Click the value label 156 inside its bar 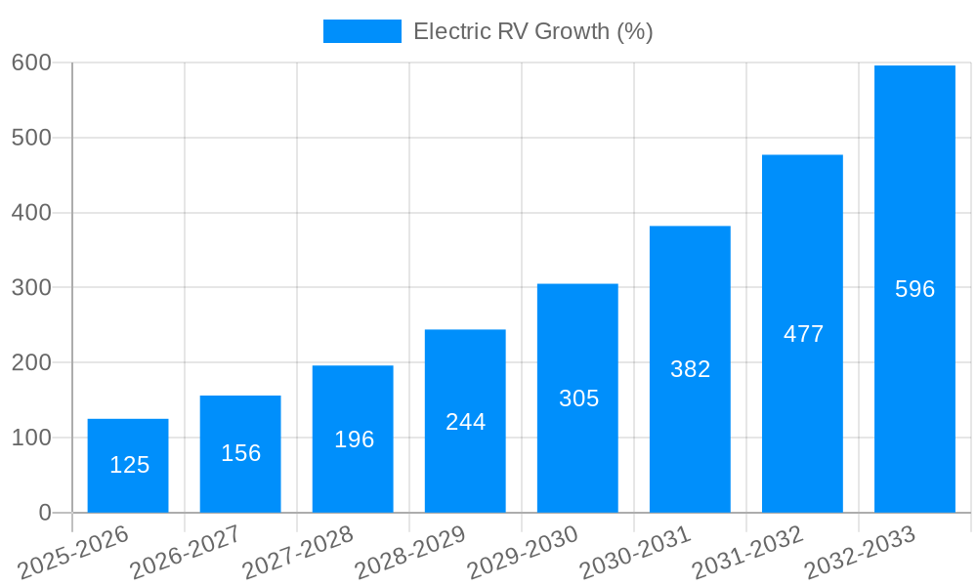[240, 453]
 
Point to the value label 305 [578, 398]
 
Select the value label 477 [803, 334]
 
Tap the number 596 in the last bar [914, 289]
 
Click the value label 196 [354, 439]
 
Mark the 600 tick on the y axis [31, 63]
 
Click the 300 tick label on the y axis [31, 287]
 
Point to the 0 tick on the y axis [45, 513]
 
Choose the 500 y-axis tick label [31, 138]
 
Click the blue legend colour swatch [361, 31]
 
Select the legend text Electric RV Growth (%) [532, 31]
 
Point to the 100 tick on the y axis [31, 438]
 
